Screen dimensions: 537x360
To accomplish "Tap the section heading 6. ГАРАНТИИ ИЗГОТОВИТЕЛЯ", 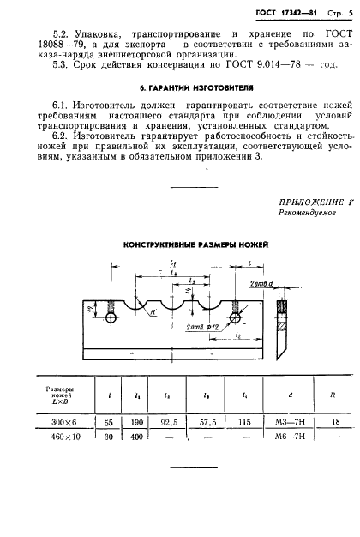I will pyautogui.click(x=178, y=88).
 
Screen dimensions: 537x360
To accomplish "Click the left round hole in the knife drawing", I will pyautogui.click(x=112, y=317).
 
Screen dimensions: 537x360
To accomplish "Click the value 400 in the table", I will pyautogui.click(x=136, y=437).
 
